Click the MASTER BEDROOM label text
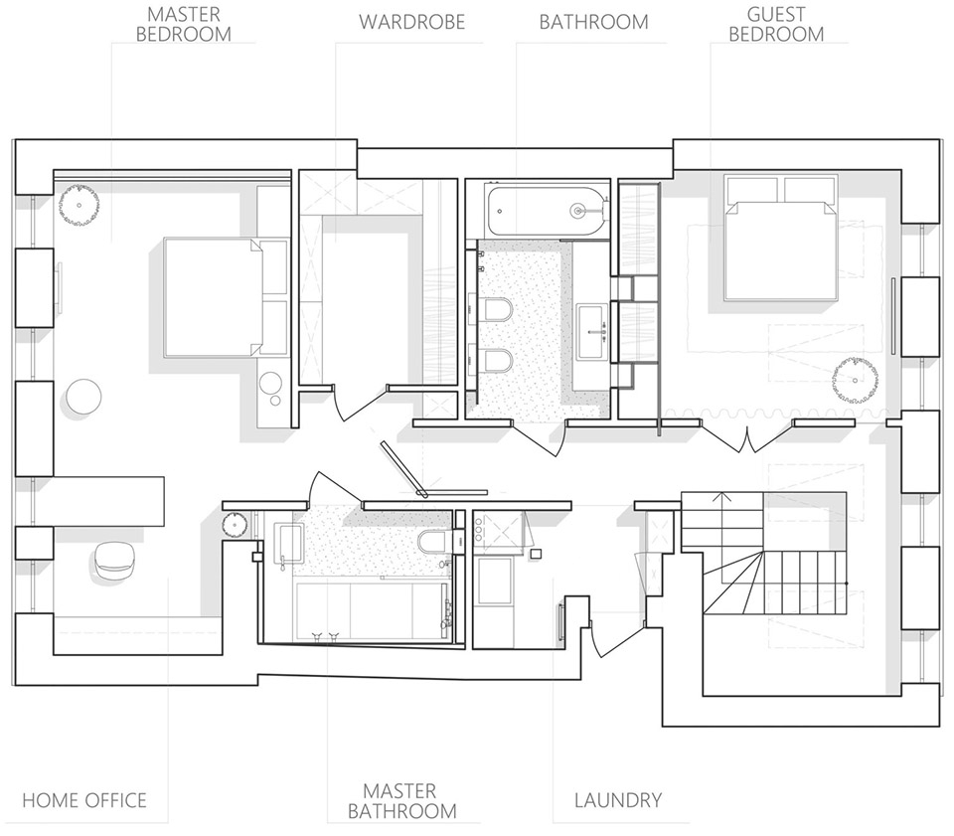coord(183,24)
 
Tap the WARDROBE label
coord(411,22)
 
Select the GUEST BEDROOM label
coord(776,24)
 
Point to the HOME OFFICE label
coord(84,800)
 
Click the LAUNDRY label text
coord(618,800)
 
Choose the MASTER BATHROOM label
coord(401,800)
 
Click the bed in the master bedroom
coord(226,297)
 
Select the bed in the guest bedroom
coord(781,238)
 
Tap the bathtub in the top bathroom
coord(548,211)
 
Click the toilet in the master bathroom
coord(435,541)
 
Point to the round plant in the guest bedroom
coord(855,380)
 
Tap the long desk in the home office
coord(109,501)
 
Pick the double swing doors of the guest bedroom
coord(746,433)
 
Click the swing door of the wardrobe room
coord(361,403)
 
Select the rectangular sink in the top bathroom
coord(592,332)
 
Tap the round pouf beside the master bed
coord(83,396)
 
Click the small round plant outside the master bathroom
coord(234,525)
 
